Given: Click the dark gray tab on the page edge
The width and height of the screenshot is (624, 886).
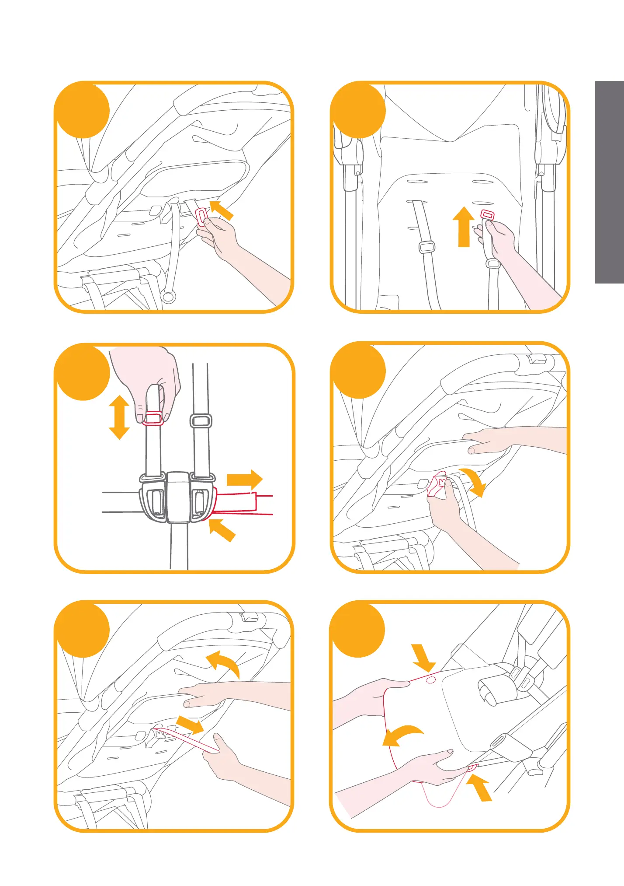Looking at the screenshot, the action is tap(609, 182).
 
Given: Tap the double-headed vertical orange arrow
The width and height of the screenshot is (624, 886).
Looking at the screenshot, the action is tap(119, 417).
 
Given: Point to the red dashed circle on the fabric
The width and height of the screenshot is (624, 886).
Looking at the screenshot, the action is tap(431, 679).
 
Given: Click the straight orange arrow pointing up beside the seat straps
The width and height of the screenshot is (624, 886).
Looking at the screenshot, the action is tap(463, 227).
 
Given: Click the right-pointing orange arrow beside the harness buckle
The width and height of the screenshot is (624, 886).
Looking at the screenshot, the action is tap(245, 479).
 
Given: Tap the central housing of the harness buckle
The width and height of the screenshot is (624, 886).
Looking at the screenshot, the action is tap(178, 497).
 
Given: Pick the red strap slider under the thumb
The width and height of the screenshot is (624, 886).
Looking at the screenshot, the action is tap(153, 419).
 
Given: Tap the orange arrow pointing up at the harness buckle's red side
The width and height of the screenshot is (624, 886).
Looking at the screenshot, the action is tap(222, 529).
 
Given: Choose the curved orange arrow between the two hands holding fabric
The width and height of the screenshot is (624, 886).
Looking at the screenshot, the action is tap(402, 735).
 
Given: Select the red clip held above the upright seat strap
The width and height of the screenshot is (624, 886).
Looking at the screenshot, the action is tap(487, 215).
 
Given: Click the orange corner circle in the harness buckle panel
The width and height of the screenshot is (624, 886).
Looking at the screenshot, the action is tap(82, 373).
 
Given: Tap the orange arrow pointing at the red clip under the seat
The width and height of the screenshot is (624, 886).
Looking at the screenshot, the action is tap(222, 210).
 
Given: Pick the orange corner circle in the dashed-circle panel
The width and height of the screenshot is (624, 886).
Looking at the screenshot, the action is tap(358, 630).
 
